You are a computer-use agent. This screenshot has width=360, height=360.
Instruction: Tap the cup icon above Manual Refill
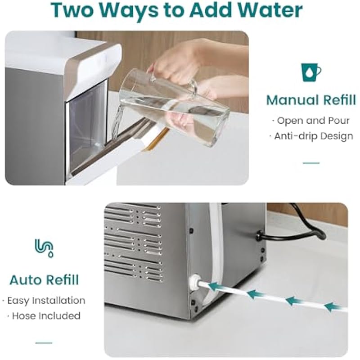(311, 72)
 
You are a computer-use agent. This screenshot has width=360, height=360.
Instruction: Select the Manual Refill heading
(311, 100)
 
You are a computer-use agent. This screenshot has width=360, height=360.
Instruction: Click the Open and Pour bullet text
(311, 121)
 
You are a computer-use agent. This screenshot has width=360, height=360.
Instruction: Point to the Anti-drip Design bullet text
(311, 136)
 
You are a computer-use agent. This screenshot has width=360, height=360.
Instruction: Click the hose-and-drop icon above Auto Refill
(44, 248)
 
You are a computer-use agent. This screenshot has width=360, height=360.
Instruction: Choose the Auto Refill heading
(44, 280)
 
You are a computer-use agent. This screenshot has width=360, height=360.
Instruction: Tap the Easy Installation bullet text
(44, 300)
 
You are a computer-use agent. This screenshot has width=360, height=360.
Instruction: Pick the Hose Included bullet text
(44, 316)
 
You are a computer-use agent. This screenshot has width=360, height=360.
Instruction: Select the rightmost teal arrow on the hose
(334, 307)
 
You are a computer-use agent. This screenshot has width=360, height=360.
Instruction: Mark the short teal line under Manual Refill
(311, 163)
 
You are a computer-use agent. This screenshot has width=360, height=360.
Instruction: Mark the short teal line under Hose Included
(44, 343)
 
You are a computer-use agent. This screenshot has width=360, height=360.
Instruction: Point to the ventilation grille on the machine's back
(133, 243)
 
